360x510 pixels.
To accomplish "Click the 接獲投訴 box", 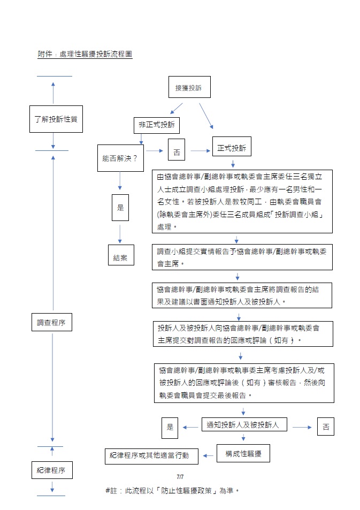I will pyautogui.click(x=189, y=88).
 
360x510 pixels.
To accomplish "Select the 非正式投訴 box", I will pyautogui.click(x=156, y=125).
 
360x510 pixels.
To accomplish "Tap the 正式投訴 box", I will pyautogui.click(x=232, y=148).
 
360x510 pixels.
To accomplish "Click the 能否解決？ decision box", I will pyautogui.click(x=120, y=158).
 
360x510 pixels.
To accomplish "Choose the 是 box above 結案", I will pyautogui.click(x=120, y=207).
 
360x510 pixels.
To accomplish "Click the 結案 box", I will pyautogui.click(x=120, y=257).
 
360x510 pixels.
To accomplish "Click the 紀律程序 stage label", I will pyautogui.click(x=51, y=470).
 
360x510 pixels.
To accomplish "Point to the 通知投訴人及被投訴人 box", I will pyautogui.click(x=243, y=425).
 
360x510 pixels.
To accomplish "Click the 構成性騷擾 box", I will pyautogui.click(x=243, y=453).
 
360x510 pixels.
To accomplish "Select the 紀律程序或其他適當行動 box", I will pyautogui.click(x=151, y=456).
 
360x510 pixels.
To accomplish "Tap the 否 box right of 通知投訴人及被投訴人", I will pyautogui.click(x=326, y=427).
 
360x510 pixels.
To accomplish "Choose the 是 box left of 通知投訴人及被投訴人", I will pyautogui.click(x=170, y=427).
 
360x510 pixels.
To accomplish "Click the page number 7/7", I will pyautogui.click(x=180, y=476).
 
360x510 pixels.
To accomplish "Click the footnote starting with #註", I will pyautogui.click(x=171, y=490).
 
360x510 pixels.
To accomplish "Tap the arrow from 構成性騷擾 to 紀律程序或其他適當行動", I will pyautogui.click(x=208, y=456).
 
